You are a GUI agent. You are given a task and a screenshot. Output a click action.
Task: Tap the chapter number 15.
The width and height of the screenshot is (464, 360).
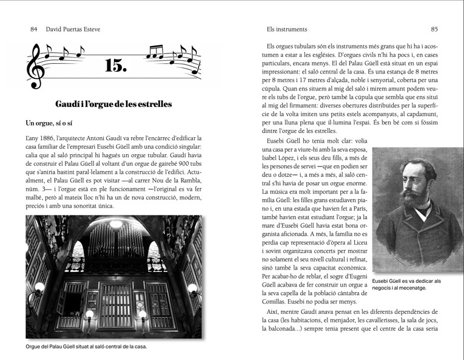pos(115,65)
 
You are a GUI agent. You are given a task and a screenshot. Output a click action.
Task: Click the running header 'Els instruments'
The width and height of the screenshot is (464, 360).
pos(287,29)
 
